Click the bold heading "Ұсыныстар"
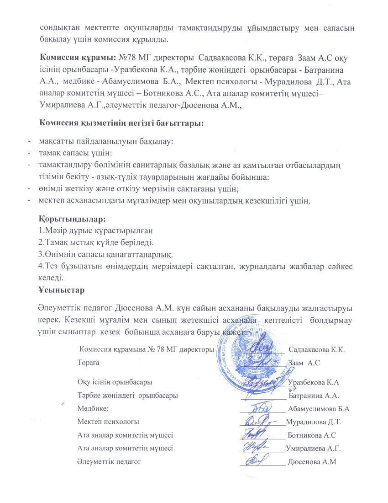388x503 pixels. tap(62, 289)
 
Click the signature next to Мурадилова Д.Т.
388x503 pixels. tap(256, 421)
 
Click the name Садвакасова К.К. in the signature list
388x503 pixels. tap(317, 350)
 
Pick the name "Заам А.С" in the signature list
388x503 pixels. tap(304, 363)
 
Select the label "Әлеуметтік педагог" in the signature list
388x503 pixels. tap(109, 461)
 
